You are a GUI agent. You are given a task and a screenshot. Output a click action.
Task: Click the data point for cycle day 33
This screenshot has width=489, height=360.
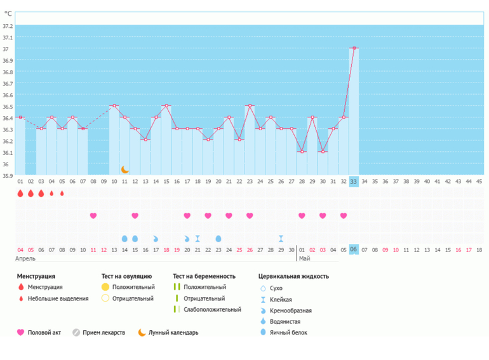point(354,48)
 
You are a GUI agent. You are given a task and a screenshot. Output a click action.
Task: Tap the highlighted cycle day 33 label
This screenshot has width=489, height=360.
point(354,181)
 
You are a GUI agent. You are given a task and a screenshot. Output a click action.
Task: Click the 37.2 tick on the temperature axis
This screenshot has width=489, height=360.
point(8,26)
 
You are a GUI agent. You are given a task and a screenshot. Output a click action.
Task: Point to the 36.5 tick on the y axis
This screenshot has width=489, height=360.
point(8,106)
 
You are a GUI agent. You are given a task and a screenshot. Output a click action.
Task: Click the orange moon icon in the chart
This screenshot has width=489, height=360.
point(125,170)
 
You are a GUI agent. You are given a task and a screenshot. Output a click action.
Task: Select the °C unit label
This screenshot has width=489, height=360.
point(8,13)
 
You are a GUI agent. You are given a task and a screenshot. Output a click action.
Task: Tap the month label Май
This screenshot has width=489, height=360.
point(304,259)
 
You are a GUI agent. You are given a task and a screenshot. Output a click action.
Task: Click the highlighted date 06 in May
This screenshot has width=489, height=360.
point(354,250)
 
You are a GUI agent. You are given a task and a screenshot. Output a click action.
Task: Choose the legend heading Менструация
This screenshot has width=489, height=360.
point(36,276)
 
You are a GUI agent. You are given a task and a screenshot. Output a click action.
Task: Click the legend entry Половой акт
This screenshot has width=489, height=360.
point(44,332)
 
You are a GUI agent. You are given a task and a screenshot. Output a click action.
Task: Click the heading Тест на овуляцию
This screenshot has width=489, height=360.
point(126,276)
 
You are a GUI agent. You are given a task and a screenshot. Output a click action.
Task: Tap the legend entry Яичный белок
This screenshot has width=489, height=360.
point(289,332)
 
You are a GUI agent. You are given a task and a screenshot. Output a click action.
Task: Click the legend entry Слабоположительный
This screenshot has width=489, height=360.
point(212,309)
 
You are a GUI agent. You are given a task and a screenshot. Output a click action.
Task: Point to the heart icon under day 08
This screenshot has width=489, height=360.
point(93,216)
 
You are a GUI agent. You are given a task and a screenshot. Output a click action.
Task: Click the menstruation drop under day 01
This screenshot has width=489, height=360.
point(20,194)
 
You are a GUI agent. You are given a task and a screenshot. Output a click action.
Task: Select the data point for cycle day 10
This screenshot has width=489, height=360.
point(114,106)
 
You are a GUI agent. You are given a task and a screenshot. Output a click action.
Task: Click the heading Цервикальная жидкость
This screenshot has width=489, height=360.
point(293,276)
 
